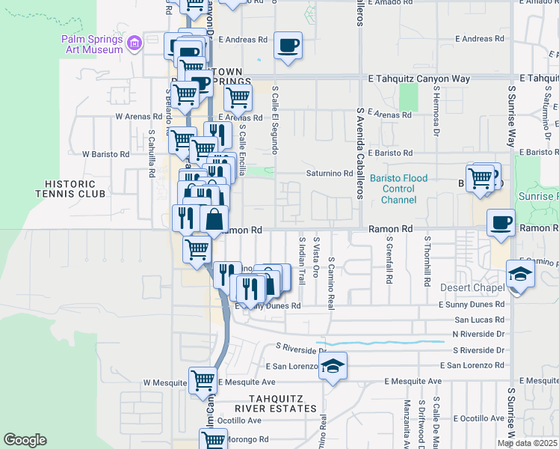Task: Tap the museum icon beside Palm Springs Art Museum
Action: [135, 44]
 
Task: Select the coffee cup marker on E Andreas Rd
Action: [288, 46]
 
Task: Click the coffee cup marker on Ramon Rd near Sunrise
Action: [501, 222]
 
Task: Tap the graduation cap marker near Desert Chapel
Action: [520, 274]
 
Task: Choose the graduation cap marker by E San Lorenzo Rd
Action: [333, 366]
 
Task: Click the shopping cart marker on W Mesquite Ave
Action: [203, 381]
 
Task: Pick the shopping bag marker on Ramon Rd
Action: [214, 219]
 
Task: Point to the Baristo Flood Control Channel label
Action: [399, 189]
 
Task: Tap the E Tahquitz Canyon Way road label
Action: [419, 78]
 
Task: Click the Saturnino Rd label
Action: [329, 174]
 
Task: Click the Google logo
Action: [25, 440]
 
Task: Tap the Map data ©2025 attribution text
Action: [526, 443]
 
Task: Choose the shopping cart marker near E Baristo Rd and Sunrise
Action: [481, 178]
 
